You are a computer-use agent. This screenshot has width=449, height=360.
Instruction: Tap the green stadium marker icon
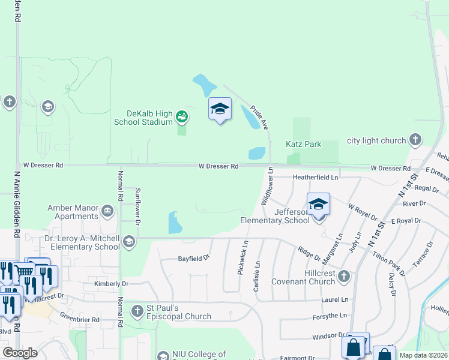pyautogui.click(x=182, y=116)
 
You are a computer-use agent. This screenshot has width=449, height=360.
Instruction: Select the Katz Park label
pyautogui.click(x=303, y=144)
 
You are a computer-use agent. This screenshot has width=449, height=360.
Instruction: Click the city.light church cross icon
pyautogui.click(x=415, y=140)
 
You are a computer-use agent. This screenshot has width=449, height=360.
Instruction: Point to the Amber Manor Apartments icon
pyautogui.click(x=107, y=210)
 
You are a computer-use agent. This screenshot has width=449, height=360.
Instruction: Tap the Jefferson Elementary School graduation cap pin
pyautogui.click(x=318, y=204)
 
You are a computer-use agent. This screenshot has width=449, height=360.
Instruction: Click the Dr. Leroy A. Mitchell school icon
pyautogui.click(x=128, y=242)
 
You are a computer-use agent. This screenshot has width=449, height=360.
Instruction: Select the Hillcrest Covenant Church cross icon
pyautogui.click(x=343, y=277)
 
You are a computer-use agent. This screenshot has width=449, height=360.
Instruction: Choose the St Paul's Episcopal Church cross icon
pyautogui.click(x=137, y=311)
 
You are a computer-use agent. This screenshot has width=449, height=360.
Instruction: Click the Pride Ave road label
pyautogui.click(x=259, y=113)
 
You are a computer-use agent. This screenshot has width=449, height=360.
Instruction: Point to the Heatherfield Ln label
pyautogui.click(x=315, y=178)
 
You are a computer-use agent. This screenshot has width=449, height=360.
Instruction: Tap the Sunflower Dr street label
pyautogui.click(x=137, y=206)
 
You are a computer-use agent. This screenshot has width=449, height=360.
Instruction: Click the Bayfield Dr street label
pyautogui.click(x=193, y=258)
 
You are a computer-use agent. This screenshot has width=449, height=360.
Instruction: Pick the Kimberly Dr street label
pyautogui.click(x=112, y=284)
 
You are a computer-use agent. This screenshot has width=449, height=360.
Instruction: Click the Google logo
pyautogui.click(x=20, y=352)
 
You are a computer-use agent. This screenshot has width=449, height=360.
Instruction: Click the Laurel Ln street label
pyautogui.click(x=335, y=299)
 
